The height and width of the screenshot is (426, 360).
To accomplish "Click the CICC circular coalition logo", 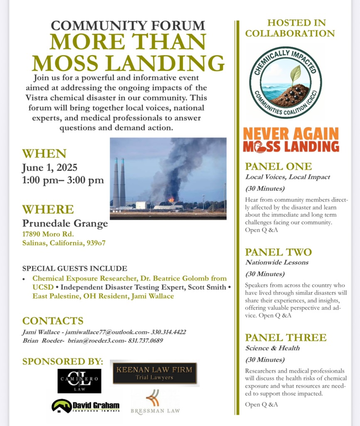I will [285, 82].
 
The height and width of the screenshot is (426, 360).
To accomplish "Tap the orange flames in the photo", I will [171, 200].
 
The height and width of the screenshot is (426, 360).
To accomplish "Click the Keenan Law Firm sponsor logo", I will [155, 373].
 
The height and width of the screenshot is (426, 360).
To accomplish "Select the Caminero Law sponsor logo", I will [79, 381].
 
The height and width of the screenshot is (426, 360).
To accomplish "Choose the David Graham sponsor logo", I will [86, 406].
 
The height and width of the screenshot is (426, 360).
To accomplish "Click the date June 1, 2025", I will [49, 168].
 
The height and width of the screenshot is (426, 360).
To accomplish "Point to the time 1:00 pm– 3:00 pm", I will [63, 181].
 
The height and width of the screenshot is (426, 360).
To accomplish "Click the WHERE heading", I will [48, 209].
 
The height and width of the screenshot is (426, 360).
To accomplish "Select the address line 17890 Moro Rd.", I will [48, 234].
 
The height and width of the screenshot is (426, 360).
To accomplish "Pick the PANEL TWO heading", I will [278, 252].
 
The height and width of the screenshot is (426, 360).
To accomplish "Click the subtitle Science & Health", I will [272, 348].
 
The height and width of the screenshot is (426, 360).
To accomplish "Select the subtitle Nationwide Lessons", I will [276, 263].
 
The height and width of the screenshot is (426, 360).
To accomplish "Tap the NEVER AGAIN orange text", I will [291, 134].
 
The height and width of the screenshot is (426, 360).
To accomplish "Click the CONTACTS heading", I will [53, 321].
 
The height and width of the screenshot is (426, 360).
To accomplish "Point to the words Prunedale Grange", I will [65, 223].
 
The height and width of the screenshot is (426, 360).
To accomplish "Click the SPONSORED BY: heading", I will [62, 361].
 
